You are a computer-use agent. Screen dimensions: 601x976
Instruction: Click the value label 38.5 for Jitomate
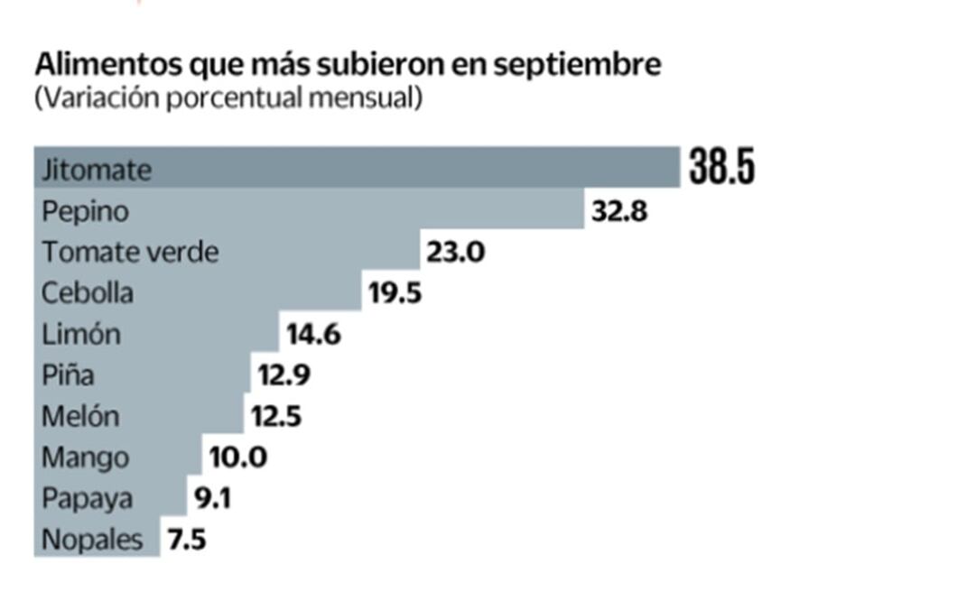point(721,168)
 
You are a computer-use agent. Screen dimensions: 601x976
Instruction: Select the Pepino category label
point(86,212)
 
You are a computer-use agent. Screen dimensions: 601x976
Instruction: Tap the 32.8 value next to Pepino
point(619,211)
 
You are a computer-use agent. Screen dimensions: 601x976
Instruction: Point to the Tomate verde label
point(130,252)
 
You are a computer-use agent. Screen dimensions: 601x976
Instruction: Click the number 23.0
point(455,252)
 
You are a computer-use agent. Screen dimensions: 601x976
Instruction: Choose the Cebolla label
point(88,292)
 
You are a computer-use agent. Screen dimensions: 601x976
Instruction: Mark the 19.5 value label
point(395,292)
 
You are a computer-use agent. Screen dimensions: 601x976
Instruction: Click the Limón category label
point(81,334)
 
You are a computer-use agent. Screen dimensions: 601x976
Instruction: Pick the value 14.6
point(313,334)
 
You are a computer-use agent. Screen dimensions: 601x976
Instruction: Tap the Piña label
point(68,374)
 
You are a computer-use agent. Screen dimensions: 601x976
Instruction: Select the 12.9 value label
point(284,374)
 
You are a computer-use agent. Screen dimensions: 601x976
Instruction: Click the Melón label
point(80,416)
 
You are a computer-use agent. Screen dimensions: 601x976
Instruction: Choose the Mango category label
point(85,458)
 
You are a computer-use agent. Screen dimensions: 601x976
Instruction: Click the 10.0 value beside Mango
point(237,458)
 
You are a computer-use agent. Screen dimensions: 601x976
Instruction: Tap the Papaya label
point(87,499)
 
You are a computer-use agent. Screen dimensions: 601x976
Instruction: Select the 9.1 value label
point(212,498)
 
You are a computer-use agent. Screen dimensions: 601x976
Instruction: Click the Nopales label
point(92,540)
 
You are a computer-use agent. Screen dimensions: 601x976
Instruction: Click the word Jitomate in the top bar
point(97,170)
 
